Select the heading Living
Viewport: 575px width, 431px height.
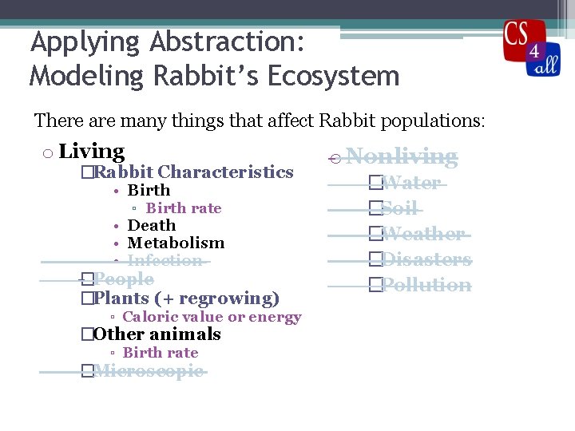(x=91, y=152)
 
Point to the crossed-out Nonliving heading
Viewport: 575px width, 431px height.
(x=402, y=156)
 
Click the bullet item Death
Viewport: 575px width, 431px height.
(x=152, y=226)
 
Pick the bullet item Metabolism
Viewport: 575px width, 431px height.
(x=176, y=243)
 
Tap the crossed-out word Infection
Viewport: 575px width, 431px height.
(x=165, y=261)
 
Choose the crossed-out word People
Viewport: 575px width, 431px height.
(x=123, y=279)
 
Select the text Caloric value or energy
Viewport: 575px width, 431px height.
(x=212, y=318)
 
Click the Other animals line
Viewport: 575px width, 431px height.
(x=157, y=334)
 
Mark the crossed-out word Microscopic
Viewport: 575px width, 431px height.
(x=149, y=371)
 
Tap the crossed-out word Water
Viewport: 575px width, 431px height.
(x=410, y=183)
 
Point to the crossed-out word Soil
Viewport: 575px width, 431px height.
(x=399, y=208)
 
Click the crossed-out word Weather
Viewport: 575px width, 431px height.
(x=422, y=234)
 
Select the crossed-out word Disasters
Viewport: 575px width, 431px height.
(x=426, y=259)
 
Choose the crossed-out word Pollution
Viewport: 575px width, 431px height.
(x=426, y=285)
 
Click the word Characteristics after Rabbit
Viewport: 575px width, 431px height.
(x=225, y=172)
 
